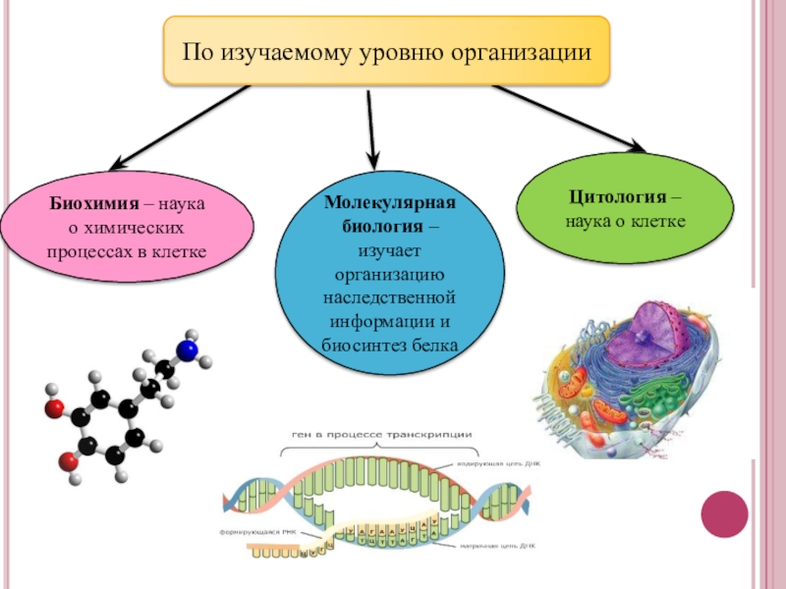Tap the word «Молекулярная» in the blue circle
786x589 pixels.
(x=391, y=202)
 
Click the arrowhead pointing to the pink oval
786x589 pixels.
(x=113, y=163)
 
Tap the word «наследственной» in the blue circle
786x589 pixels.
(x=390, y=296)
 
